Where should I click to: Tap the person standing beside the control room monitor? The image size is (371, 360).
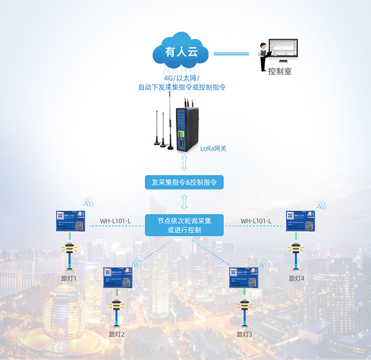click(x=262, y=57)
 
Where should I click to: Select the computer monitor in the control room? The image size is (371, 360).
click(x=283, y=51)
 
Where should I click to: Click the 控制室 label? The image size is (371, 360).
click(x=279, y=72)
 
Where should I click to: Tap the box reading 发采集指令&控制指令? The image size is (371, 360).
click(x=184, y=183)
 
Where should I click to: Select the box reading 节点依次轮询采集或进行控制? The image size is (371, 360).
click(x=184, y=225)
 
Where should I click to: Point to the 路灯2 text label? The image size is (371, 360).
click(x=116, y=334)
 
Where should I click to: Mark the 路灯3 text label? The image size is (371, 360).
click(x=244, y=334)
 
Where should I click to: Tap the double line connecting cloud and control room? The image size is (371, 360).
click(x=231, y=53)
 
